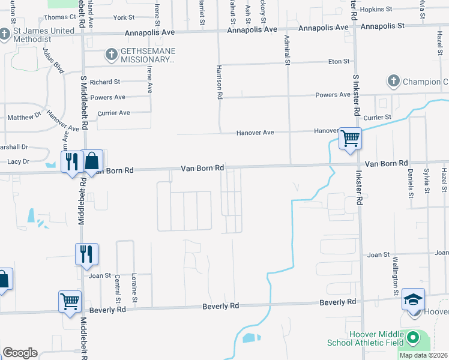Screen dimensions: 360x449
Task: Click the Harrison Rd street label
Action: click(x=220, y=82)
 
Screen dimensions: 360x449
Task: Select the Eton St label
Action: click(x=339, y=61)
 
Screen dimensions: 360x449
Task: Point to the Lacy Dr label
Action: click(x=18, y=161)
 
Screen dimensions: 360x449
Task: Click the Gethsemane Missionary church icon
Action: click(x=111, y=55)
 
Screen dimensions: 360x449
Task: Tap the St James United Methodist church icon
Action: click(x=5, y=34)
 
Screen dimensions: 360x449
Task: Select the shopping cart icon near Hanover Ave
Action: click(x=350, y=138)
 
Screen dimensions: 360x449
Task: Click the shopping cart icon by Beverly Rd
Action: click(x=70, y=301)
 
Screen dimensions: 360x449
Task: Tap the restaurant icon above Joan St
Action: click(x=86, y=253)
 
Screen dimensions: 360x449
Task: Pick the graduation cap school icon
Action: click(x=413, y=299)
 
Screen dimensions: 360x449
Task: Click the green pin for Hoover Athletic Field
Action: click(x=412, y=338)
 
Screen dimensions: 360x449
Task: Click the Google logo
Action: click(x=20, y=353)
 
